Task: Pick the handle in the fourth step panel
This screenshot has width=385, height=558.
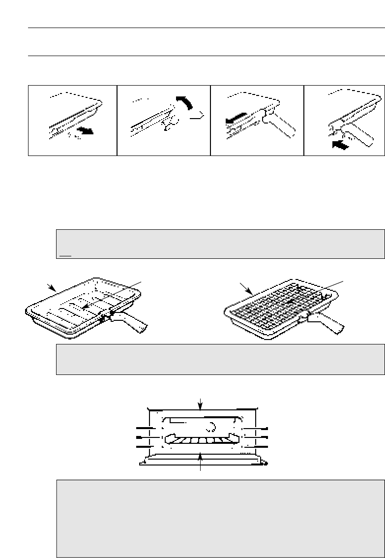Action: (x=355, y=130)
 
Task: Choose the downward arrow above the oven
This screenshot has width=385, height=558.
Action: (x=200, y=403)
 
